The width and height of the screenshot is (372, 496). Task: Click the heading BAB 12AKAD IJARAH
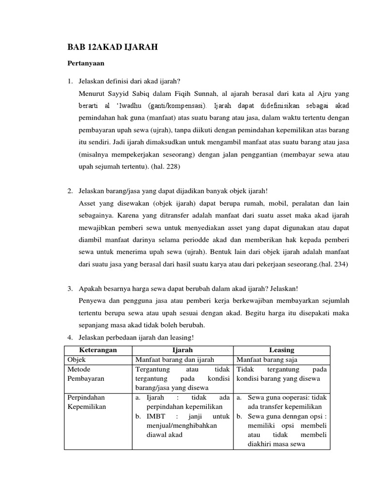coord(112,47)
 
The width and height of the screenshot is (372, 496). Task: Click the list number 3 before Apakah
coord(70,289)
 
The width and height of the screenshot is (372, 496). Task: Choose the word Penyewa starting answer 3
coord(92,301)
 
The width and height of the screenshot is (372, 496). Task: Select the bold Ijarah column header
coord(183,350)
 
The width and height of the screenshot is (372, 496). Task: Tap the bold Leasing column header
coord(281,350)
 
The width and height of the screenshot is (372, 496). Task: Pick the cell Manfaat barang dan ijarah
coord(175,359)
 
